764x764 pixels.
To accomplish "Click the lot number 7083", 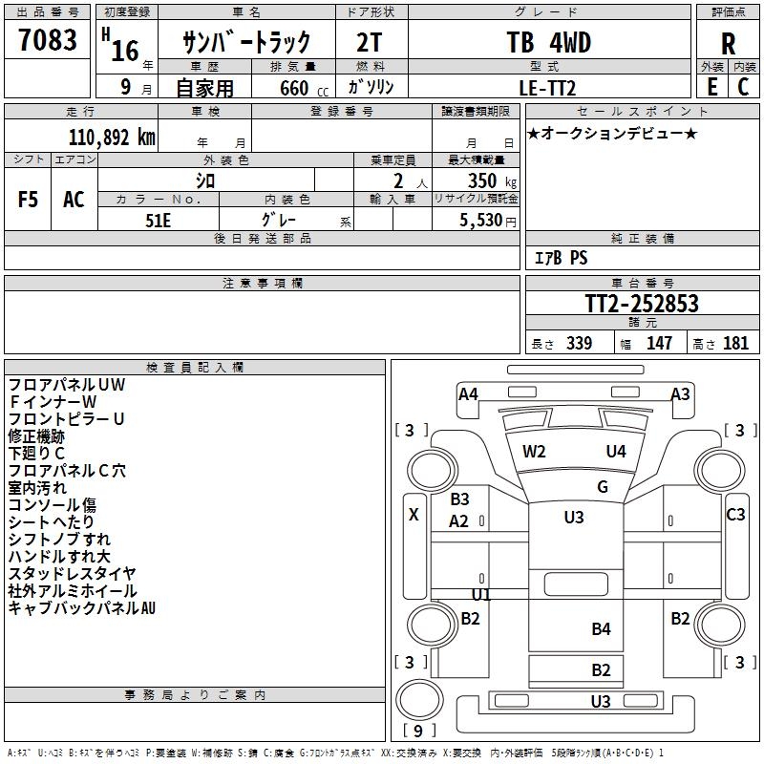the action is [x=48, y=39].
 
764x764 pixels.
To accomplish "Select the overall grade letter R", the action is [x=728, y=44].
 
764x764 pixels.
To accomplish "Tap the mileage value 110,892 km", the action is [x=112, y=138].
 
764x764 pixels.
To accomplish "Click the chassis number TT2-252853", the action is [x=642, y=303].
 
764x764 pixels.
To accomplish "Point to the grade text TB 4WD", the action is [x=548, y=42].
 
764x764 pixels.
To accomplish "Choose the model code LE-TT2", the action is [x=547, y=88].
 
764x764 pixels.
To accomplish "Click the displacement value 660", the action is [x=294, y=88].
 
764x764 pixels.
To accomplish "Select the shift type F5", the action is [x=28, y=200].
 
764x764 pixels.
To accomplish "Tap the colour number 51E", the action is [x=158, y=221].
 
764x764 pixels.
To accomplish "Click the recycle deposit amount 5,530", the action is [x=480, y=221].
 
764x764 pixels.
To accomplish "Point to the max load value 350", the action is [x=482, y=180].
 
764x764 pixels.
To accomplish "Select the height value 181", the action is [x=735, y=343].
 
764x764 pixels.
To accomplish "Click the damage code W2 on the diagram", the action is [x=534, y=452].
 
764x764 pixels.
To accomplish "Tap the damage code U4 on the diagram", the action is [x=616, y=452].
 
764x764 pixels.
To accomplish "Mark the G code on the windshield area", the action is [x=603, y=487].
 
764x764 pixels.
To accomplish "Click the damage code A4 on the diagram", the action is [x=468, y=393].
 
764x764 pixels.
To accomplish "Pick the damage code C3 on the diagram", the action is [x=735, y=514].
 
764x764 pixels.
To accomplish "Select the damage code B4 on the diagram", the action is [x=602, y=629].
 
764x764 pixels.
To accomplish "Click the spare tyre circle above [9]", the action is [x=419, y=699].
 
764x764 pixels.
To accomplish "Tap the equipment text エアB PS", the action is [x=561, y=258].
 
